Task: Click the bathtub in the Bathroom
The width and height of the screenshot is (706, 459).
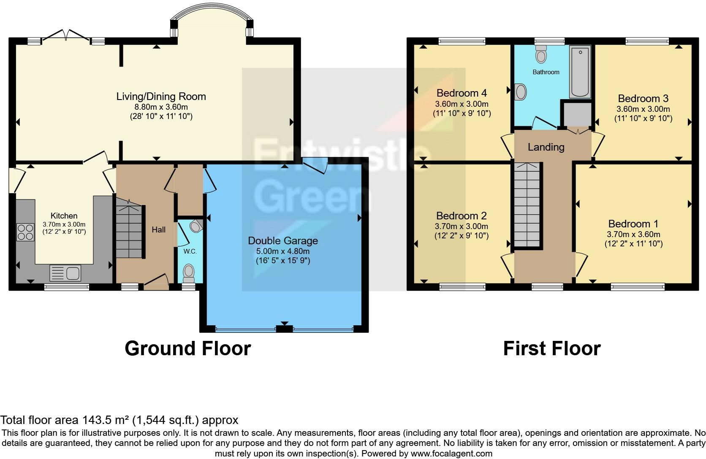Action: [580, 72]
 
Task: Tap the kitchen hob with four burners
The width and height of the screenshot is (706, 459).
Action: [25, 232]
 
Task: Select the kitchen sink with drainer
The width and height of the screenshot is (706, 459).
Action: [65, 273]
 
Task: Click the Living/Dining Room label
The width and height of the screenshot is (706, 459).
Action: [161, 96]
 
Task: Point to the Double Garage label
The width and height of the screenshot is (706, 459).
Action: [283, 240]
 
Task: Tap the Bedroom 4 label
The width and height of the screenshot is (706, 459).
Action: [462, 93]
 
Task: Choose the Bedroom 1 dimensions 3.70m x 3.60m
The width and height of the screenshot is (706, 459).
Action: [633, 234]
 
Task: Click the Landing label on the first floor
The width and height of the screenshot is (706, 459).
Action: [546, 147]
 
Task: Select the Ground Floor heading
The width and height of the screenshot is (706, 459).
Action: [188, 348]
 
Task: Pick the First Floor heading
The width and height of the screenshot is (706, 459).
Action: [552, 348]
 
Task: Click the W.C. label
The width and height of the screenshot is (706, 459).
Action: [190, 251]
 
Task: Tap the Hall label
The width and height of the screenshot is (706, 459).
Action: [158, 230]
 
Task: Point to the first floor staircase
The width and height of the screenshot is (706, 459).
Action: [527, 205]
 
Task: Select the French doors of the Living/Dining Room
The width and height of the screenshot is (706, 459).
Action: [66, 35]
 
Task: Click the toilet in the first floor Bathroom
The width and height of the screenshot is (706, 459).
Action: [541, 54]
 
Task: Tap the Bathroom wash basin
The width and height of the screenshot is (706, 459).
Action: [520, 92]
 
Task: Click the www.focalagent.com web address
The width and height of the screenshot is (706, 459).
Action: [451, 454]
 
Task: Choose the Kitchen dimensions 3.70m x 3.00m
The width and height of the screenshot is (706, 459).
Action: [64, 224]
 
